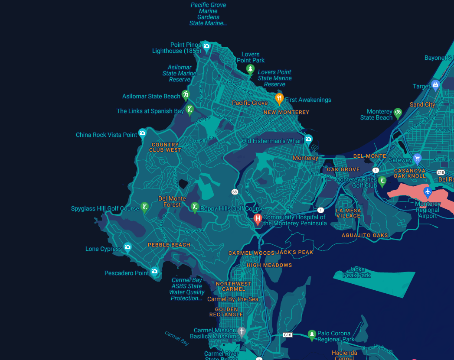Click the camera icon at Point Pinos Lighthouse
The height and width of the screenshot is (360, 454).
click(207, 46)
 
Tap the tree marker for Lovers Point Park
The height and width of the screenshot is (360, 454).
click(250, 69)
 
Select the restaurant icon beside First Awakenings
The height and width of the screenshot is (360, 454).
click(279, 98)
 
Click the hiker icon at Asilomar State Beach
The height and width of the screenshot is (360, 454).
click(186, 94)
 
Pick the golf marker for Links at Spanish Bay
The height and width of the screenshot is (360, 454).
click(189, 109)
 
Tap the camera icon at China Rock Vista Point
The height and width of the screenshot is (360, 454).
click(142, 133)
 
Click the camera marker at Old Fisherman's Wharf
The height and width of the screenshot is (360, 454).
click(308, 139)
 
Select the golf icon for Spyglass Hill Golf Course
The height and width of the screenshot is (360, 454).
click(145, 207)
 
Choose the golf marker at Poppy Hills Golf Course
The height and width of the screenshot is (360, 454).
click(195, 207)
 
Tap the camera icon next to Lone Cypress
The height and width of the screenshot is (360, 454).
click(127, 247)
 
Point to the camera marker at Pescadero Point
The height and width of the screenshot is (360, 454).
click(154, 272)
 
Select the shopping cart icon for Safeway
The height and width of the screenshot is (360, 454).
click(417, 158)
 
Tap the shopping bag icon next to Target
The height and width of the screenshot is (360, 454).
click(436, 84)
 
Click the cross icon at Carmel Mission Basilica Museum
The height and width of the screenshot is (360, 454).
click(242, 331)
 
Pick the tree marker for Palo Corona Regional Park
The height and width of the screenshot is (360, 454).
click(311, 334)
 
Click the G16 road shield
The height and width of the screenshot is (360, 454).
click(287, 335)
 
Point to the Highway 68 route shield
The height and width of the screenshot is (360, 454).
click(235, 191)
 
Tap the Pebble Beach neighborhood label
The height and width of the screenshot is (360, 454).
click(169, 245)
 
